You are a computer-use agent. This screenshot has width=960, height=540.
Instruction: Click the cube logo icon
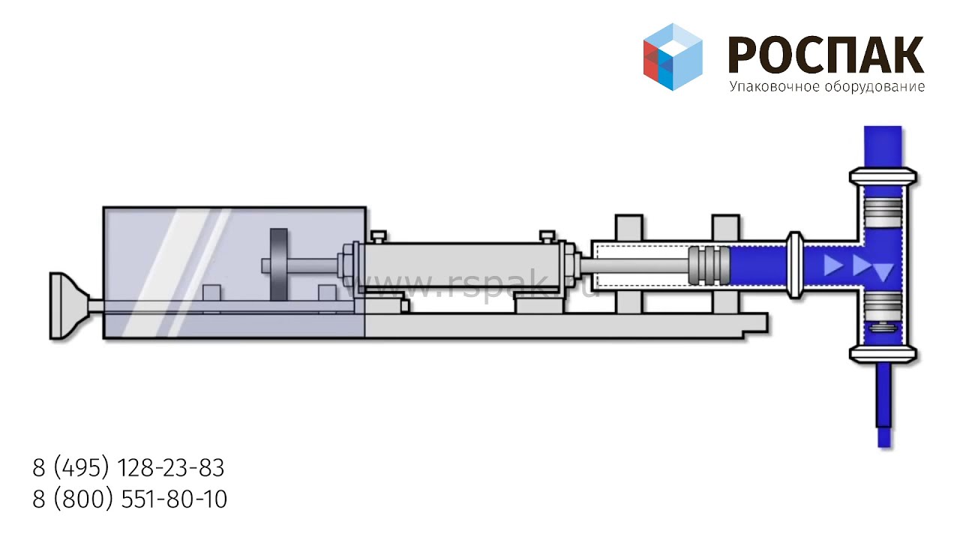(x=673, y=56)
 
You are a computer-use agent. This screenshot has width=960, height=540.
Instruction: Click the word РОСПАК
(x=826, y=55)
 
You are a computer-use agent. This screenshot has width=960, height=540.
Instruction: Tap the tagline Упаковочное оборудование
(x=826, y=87)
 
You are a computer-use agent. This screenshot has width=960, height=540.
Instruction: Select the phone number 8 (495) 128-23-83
(x=128, y=467)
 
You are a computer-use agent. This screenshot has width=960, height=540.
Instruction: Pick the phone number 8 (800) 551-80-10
(x=130, y=499)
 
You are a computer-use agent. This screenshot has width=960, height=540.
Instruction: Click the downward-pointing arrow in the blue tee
(x=883, y=272)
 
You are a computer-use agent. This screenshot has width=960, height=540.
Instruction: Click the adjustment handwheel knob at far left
(x=70, y=306)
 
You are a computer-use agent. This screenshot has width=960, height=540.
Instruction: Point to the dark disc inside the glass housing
(x=278, y=265)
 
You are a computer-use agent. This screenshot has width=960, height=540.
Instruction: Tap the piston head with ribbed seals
(x=709, y=265)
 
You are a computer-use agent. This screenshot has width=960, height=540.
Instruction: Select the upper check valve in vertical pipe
(x=883, y=212)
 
